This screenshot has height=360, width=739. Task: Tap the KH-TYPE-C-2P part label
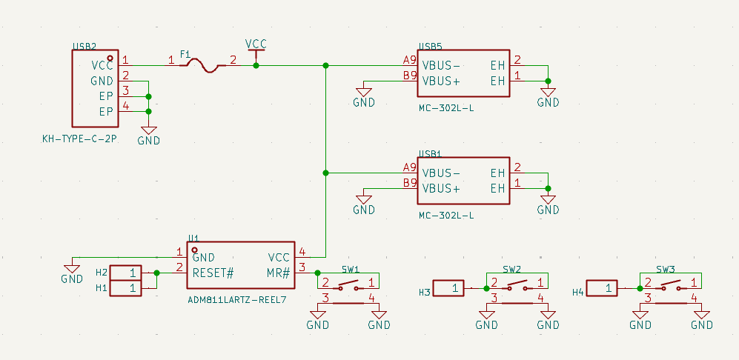tap(80, 139)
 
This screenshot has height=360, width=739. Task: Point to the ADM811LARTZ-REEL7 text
tap(237, 300)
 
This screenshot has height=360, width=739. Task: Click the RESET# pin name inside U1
tap(213, 273)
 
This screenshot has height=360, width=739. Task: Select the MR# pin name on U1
tap(279, 273)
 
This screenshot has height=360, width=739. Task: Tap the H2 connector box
tap(125, 273)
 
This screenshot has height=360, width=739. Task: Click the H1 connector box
tap(125, 287)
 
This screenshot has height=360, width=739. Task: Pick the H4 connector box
tap(603, 287)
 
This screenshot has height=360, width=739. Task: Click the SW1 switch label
tap(351, 269)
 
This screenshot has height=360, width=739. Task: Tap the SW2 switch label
tap(511, 269)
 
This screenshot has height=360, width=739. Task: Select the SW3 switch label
tap(665, 269)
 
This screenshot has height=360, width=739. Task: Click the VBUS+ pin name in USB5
tap(441, 80)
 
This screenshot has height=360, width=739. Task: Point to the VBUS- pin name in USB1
tap(441, 173)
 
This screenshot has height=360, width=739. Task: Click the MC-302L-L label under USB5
tap(446, 108)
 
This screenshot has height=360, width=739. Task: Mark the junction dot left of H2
tap(156, 273)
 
